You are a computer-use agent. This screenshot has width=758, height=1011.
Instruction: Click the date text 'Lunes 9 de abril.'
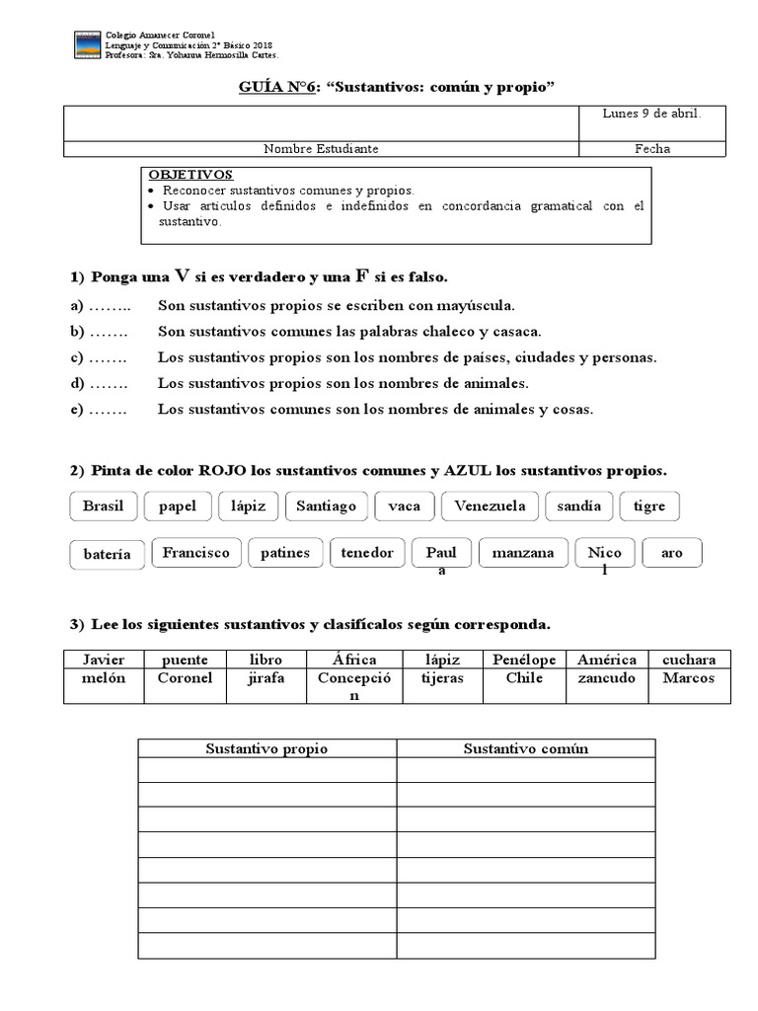coord(651,114)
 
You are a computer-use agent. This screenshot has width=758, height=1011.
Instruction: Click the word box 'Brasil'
coord(104,506)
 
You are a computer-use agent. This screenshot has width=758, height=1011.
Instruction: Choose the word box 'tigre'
coord(649,506)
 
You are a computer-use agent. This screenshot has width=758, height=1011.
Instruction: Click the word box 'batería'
coord(108,555)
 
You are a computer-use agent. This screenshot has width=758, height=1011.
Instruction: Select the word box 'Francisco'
coord(195,553)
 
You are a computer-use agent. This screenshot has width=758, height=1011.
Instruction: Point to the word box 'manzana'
coord(523,553)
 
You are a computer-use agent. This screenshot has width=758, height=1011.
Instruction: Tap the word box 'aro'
coord(672,553)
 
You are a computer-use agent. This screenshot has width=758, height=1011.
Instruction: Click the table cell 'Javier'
coord(104,660)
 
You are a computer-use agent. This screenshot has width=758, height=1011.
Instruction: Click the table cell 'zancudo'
coord(606,678)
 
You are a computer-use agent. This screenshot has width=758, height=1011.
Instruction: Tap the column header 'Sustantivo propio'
coord(266,748)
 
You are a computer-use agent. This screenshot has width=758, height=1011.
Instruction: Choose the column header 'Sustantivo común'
coord(526,748)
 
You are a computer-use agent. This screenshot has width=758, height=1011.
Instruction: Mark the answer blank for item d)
coord(109,383)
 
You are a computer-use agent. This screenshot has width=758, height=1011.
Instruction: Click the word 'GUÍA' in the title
coord(261,87)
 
